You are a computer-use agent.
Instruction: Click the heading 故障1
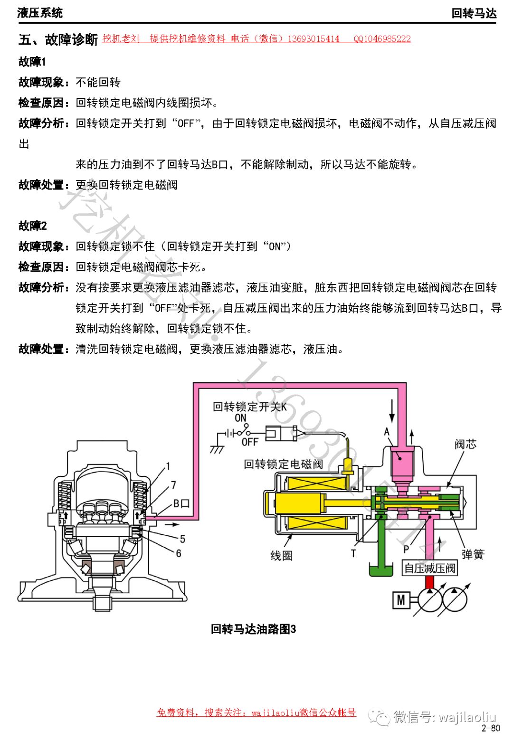[x=32, y=62]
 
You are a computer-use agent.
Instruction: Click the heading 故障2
[x=32, y=226]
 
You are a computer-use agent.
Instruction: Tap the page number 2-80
[x=491, y=728]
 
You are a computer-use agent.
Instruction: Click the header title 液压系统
[x=40, y=13]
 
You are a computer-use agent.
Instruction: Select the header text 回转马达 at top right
[x=474, y=13]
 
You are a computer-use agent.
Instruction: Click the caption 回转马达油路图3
[x=253, y=629]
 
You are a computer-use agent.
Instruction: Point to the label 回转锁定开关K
[x=250, y=407]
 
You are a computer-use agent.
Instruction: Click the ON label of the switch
[x=241, y=418]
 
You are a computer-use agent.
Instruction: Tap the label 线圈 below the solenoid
[x=281, y=555]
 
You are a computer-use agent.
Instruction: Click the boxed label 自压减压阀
[x=430, y=568]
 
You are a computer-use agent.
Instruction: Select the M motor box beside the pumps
[x=401, y=600]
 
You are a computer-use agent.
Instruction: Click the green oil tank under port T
[x=381, y=569]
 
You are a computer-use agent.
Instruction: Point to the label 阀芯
[x=465, y=444]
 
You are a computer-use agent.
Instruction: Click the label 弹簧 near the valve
[x=473, y=554]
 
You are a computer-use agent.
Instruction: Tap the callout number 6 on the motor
[x=179, y=553]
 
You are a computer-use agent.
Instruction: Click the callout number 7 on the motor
[x=174, y=485]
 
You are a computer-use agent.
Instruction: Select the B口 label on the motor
[x=181, y=503]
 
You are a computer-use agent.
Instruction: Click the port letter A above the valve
[x=387, y=432]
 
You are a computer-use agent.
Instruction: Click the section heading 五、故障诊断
[x=58, y=39]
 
